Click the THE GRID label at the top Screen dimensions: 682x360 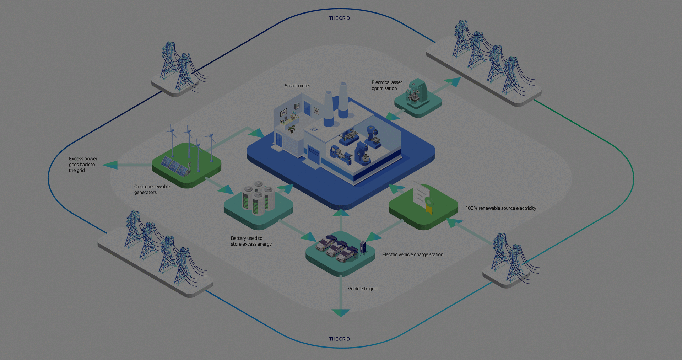click(339, 18)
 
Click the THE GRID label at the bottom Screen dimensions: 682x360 click(339, 339)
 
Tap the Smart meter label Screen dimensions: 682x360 click(297, 86)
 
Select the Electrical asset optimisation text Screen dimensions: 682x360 click(387, 85)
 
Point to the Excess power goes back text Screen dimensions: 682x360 click(83, 165)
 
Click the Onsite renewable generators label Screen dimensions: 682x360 click(152, 189)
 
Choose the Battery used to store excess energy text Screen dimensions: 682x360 click(251, 241)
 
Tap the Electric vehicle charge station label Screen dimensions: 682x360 click(412, 254)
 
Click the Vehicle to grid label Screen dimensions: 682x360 click(362, 289)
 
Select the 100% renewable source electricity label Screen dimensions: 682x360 click(500, 208)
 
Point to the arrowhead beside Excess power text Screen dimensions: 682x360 click(110, 165)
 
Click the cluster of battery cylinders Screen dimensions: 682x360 click(258, 198)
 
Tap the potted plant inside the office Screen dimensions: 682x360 click(292, 129)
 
